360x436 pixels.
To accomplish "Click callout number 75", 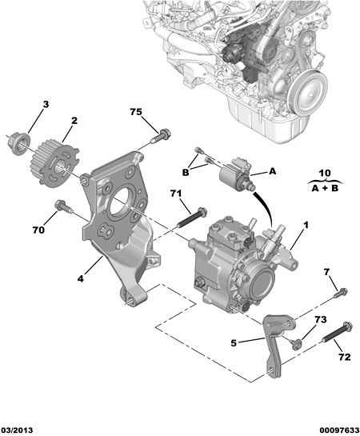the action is click(136, 112).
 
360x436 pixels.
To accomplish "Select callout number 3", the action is click(46, 104).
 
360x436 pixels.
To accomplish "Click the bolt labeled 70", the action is click(64, 206).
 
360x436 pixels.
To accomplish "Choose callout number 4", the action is click(80, 278).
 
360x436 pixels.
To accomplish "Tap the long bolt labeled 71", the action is click(192, 217).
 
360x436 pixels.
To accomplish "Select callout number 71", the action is click(176, 193).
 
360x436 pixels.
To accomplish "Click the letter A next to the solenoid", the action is click(273, 171).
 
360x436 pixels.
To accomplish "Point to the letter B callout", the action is click(185, 172).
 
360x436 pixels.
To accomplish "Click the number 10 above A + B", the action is click(325, 174).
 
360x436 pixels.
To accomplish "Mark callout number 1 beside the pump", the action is click(306, 226).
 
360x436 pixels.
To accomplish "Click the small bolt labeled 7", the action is click(341, 293).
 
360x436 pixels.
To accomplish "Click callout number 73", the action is click(321, 319).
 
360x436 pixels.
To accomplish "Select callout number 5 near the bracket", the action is click(234, 343).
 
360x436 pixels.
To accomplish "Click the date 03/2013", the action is click(17, 430).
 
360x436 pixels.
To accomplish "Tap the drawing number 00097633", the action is click(339, 430).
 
